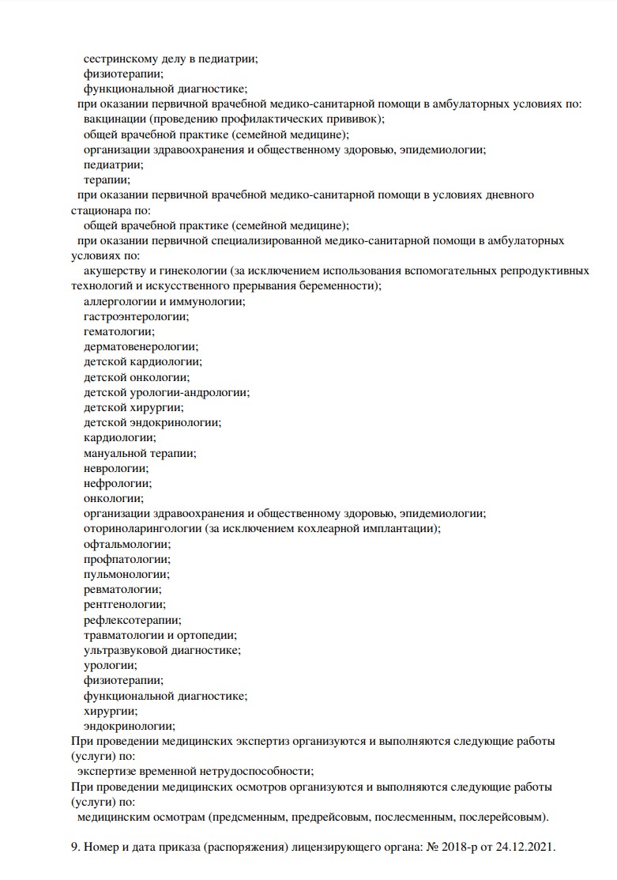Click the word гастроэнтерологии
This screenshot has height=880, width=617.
tap(136, 316)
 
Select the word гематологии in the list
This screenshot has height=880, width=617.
tap(119, 331)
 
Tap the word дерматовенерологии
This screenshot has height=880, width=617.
tap(141, 346)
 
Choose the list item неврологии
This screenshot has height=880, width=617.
tap(115, 468)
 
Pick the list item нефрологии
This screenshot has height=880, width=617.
tap(117, 483)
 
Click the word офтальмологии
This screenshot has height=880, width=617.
tap(126, 544)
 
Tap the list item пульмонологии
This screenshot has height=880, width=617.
tap(126, 574)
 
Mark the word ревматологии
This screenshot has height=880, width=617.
tap(122, 589)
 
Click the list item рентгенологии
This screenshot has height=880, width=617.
tap(125, 604)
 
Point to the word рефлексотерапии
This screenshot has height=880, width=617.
tap(132, 620)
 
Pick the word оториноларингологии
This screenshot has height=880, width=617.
tap(142, 529)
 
